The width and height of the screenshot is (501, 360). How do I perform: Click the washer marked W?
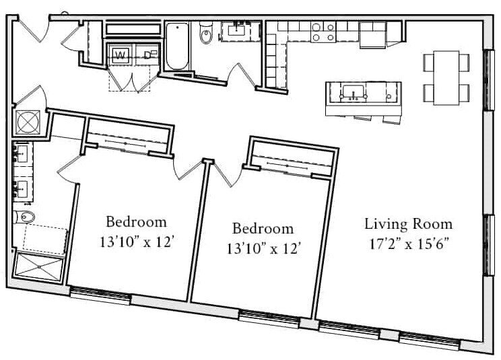click(119, 55)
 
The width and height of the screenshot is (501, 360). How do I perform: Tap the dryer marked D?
click(147, 55)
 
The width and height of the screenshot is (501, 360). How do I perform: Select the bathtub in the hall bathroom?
click(177, 46)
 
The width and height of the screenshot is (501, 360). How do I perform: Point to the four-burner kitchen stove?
click(323, 32)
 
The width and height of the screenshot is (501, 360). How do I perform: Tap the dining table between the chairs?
click(446, 77)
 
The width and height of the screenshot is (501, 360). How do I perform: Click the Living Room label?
click(409, 224)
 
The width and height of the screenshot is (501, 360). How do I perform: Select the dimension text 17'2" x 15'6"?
click(409, 244)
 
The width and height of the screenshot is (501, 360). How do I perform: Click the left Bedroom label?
click(137, 222)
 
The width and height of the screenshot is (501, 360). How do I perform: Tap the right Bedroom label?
click(263, 228)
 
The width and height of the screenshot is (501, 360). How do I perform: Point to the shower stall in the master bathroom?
click(38, 267)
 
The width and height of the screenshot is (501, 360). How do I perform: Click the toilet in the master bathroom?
click(24, 217)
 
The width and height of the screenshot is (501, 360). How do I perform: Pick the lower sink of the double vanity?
click(22, 189)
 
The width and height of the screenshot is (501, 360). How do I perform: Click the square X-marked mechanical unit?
click(28, 122)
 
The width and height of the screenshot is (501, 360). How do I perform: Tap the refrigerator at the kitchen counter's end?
click(373, 34)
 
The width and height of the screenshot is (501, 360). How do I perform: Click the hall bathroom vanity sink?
click(237, 30)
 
